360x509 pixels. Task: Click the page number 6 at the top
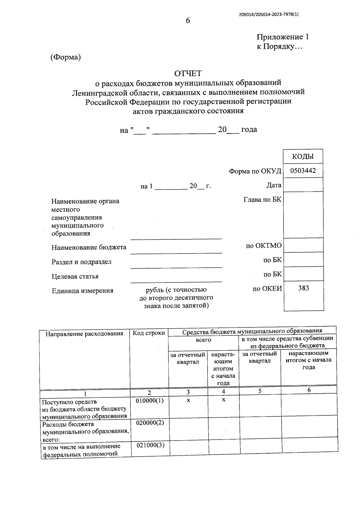[x=188, y=20]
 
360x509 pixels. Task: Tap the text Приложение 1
[x=283, y=37]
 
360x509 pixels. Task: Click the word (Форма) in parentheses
[x=66, y=57]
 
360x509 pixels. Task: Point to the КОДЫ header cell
[x=303, y=156]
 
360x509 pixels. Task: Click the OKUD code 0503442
[x=303, y=171]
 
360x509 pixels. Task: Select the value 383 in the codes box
[x=304, y=288]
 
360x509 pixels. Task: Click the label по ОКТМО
[x=264, y=246]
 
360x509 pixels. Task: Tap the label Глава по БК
[x=262, y=199]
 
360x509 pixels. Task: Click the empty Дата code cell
[x=303, y=185]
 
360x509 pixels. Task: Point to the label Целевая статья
[x=75, y=276]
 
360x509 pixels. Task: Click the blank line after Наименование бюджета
[x=176, y=250]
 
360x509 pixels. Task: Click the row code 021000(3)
[x=151, y=445]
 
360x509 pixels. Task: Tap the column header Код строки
[x=149, y=333]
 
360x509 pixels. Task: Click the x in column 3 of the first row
[x=188, y=400]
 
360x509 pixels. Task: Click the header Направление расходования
[x=84, y=334]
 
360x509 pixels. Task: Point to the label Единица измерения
[x=82, y=291]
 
